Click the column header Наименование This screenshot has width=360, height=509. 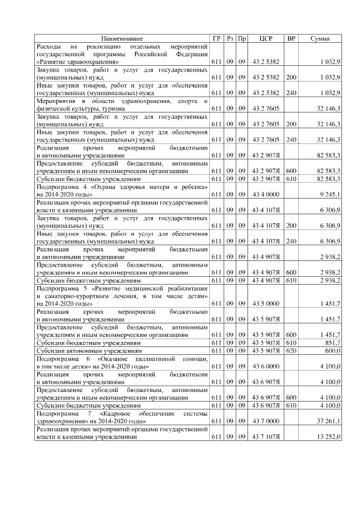point(122,38)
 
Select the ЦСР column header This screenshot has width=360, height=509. point(267,38)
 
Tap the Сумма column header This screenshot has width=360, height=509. point(320,38)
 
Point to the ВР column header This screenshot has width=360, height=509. point(291,38)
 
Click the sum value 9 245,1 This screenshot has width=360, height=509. point(328,194)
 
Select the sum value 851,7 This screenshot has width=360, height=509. point(330,342)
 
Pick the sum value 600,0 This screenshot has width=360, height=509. point(331,350)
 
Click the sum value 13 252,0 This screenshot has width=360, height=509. point(328,436)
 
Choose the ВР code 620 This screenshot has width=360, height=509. point(291,350)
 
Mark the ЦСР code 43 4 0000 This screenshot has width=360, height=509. point(266,194)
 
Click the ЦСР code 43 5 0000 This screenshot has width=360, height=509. point(266,304)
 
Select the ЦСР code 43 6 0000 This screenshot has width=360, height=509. point(266,366)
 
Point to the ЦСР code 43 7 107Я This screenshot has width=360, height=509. point(266,436)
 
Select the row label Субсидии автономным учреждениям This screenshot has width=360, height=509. point(88,350)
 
